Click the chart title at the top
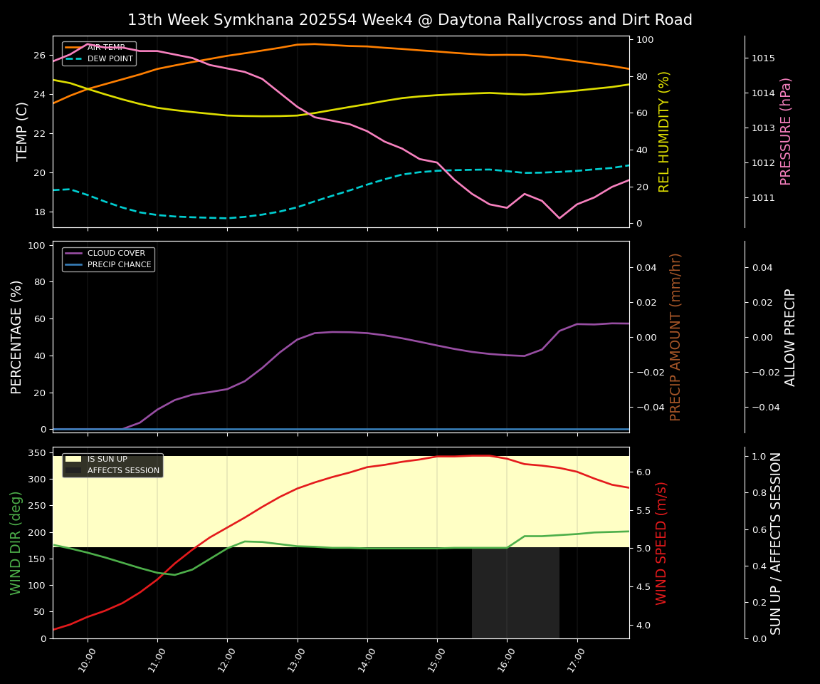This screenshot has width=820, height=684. coord(409,20)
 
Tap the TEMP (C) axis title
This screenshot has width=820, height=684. coord(23,132)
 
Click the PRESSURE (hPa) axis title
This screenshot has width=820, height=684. coord(786,132)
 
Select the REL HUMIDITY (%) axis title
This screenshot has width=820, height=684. coord(665,132)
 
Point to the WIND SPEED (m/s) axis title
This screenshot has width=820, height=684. coord(662,543)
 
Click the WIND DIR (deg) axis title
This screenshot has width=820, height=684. coord(16,543)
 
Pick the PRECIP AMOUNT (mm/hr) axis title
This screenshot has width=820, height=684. coord(676,337)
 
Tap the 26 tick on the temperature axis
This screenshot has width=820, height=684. coord(40,56)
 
